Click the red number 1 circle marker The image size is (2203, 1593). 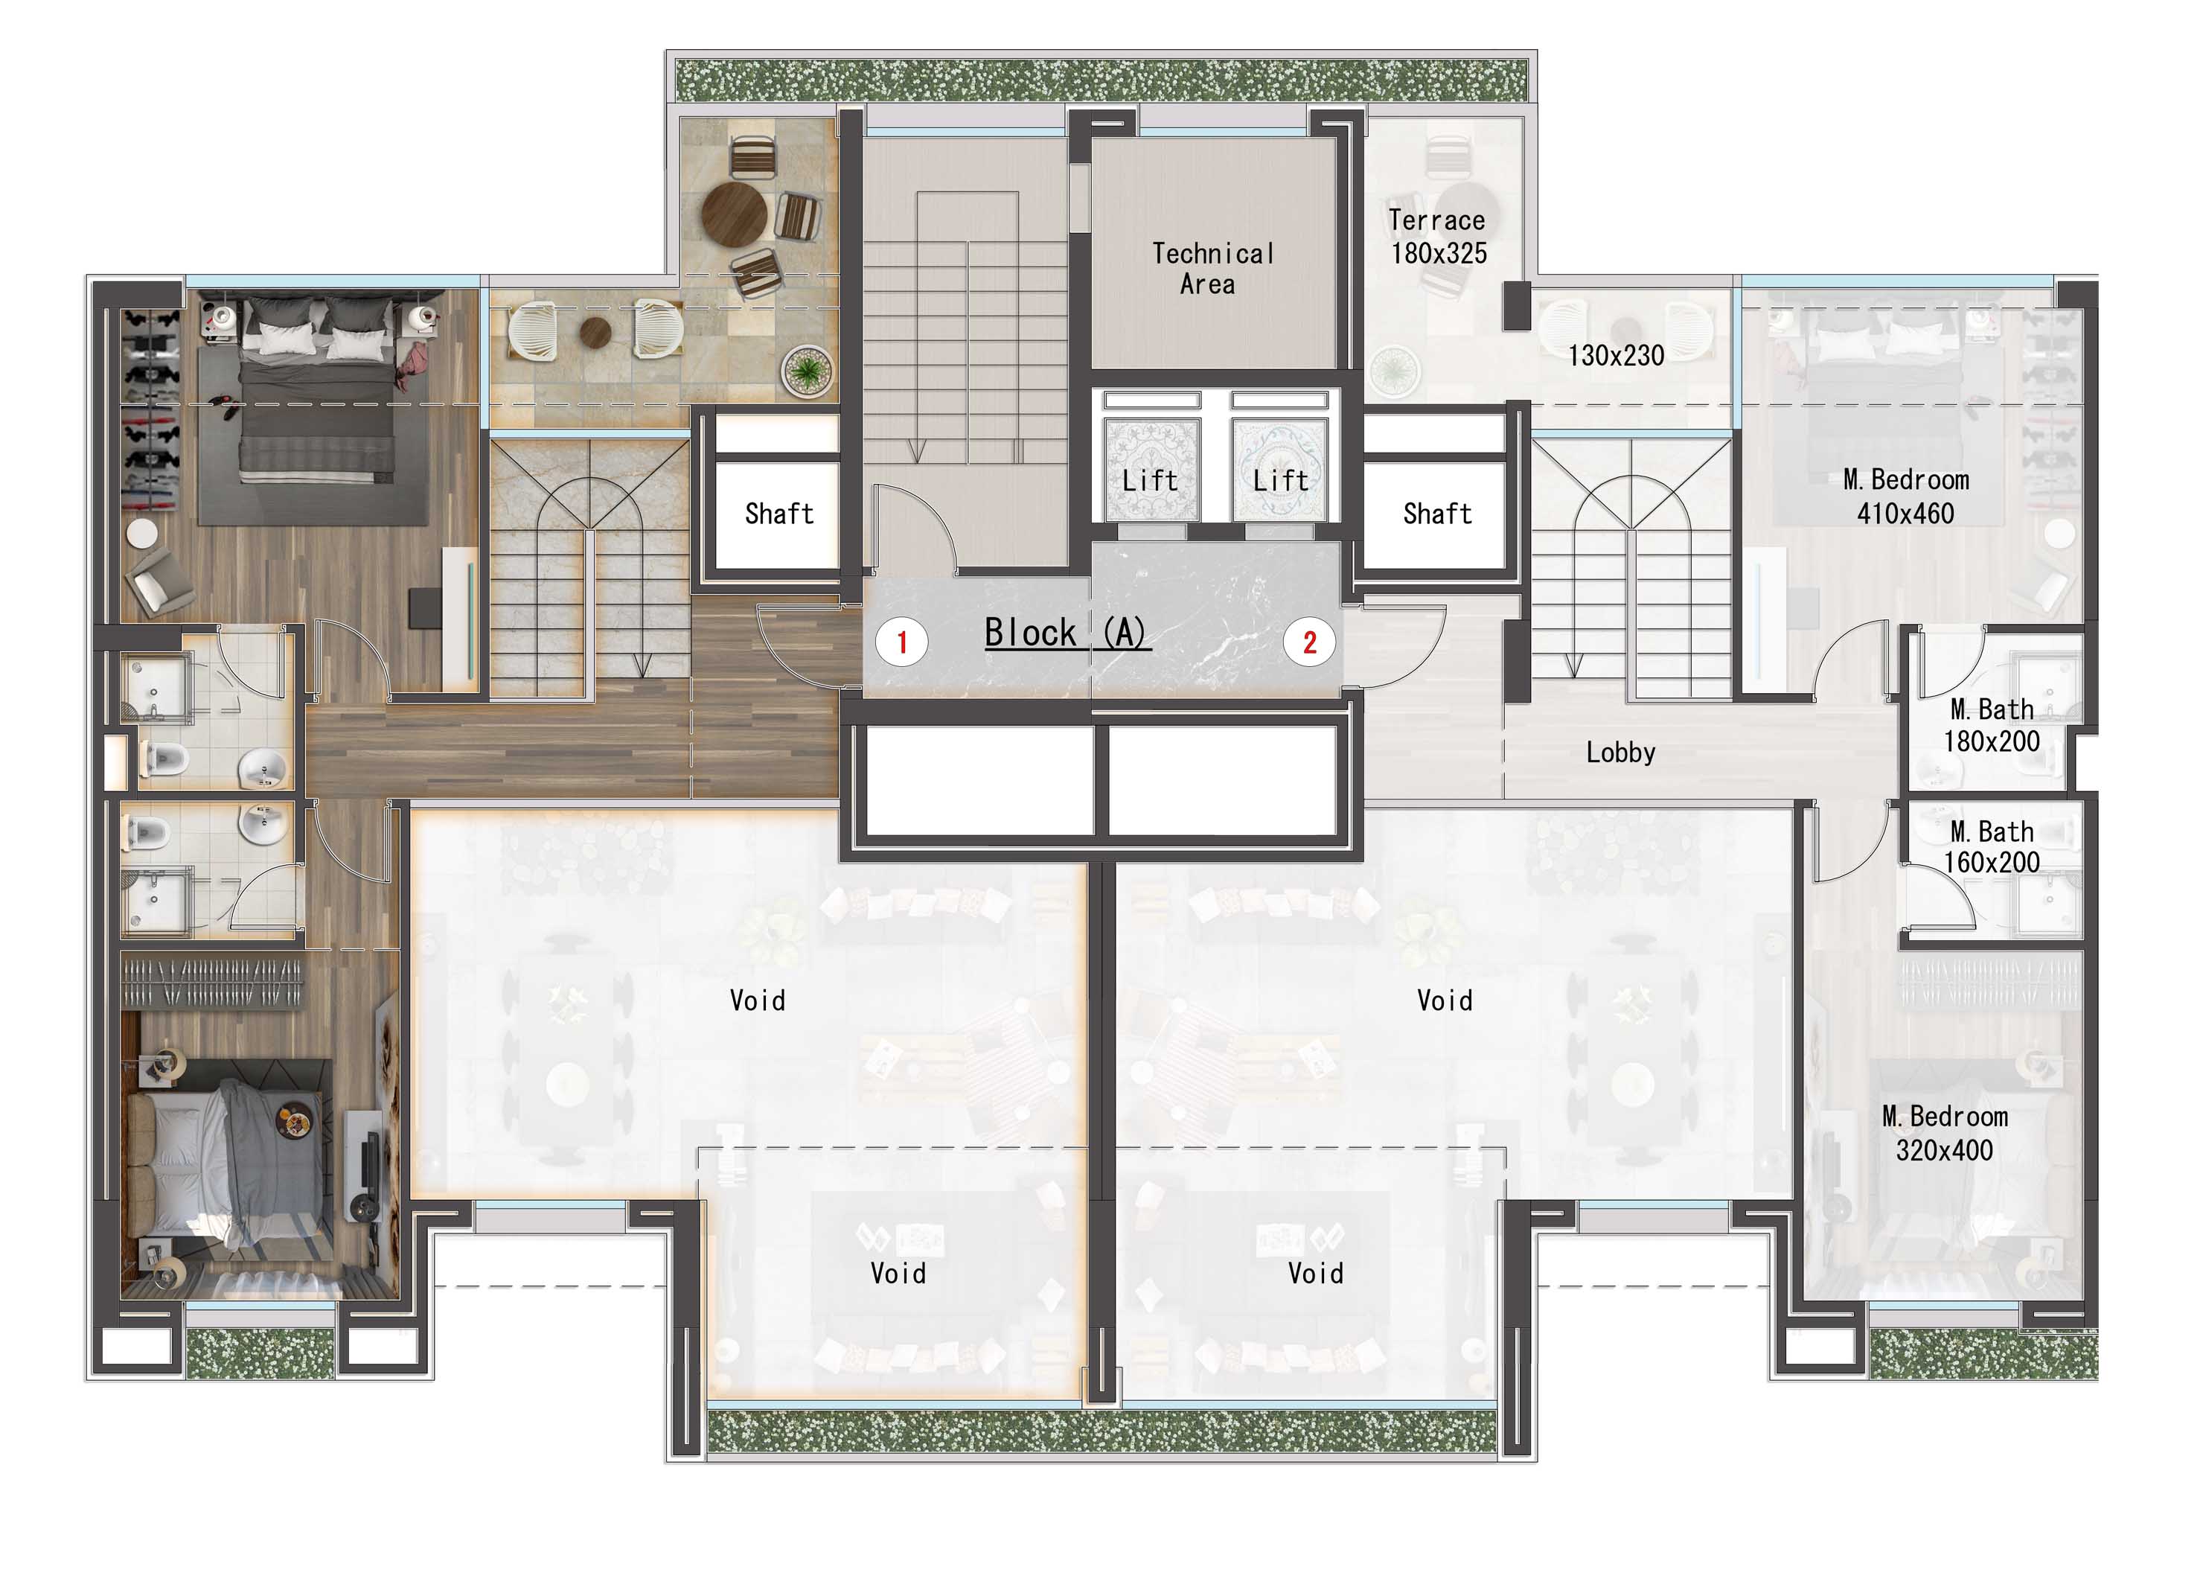[x=901, y=642]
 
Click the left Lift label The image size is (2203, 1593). [x=1149, y=481]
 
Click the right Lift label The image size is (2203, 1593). [x=1279, y=481]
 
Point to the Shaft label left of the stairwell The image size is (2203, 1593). [x=779, y=514]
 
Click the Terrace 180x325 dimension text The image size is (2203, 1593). [x=1438, y=237]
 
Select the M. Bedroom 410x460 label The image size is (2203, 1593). [x=1906, y=497]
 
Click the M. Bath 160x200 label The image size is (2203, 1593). [x=1991, y=847]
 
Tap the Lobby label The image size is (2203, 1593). [x=1620, y=753]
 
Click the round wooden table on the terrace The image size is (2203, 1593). [x=735, y=214]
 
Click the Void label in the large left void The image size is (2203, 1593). [x=757, y=1000]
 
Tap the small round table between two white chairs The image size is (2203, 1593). [x=595, y=332]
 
